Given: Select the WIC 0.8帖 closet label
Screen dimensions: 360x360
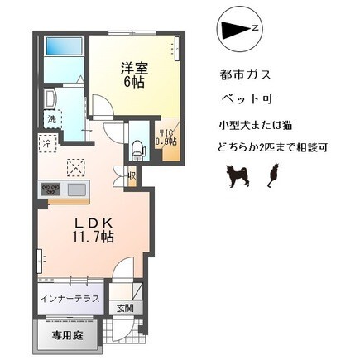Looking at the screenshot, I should (166, 137).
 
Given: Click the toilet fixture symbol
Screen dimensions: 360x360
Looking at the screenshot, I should (137, 150).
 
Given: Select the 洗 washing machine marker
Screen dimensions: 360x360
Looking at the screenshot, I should (51, 118).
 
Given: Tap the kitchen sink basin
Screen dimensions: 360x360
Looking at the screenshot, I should (75, 190).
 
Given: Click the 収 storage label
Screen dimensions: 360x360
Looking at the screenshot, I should (132, 175).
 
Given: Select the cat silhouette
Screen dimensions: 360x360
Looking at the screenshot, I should (271, 174).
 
